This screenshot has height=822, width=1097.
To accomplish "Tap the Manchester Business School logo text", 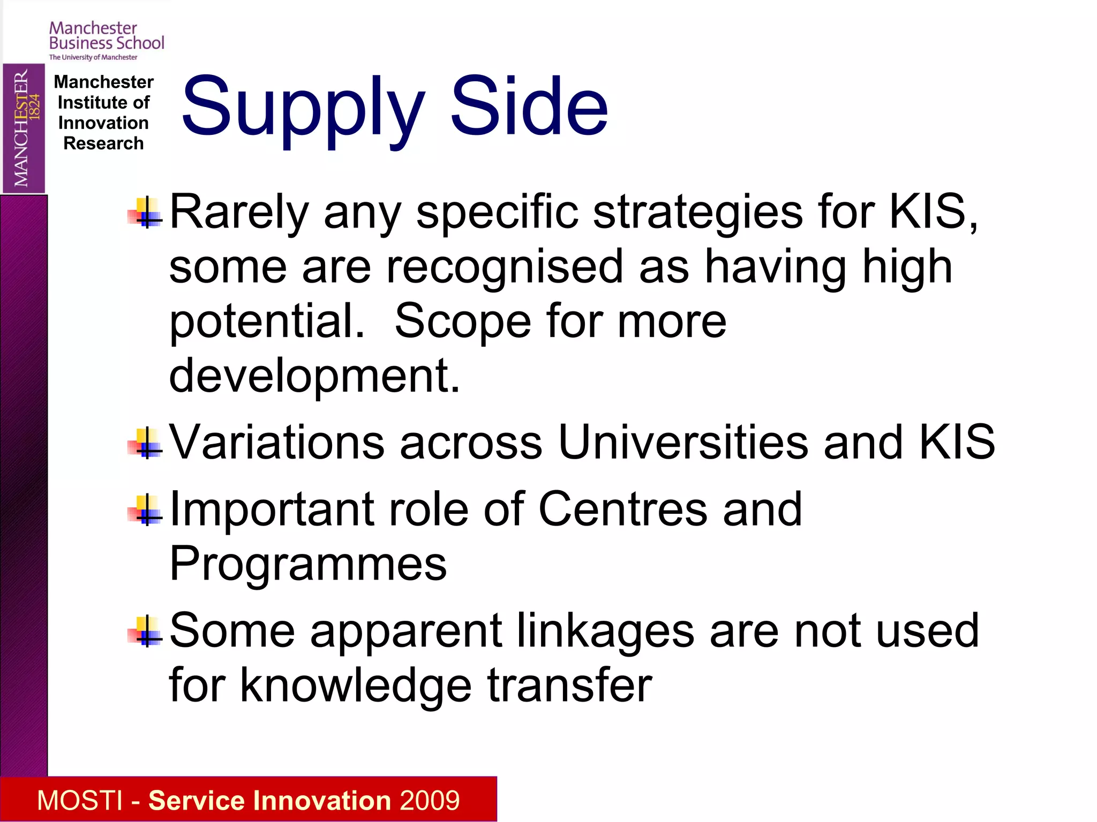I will coord(106,36).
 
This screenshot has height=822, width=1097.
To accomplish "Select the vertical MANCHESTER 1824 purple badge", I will coord(24,128).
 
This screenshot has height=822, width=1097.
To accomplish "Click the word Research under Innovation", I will coord(103,143).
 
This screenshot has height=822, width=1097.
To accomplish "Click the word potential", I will coord(267,322).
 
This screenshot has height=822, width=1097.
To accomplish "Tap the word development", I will coord(314,376).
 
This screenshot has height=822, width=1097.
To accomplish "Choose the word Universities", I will coord(683,442).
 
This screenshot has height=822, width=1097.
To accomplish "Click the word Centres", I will coord(623,509).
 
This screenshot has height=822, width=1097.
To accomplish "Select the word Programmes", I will coord(308,564).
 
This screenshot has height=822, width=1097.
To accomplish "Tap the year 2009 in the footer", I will coord(430,800).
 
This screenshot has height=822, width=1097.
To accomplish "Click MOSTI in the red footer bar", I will coord(80,800).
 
